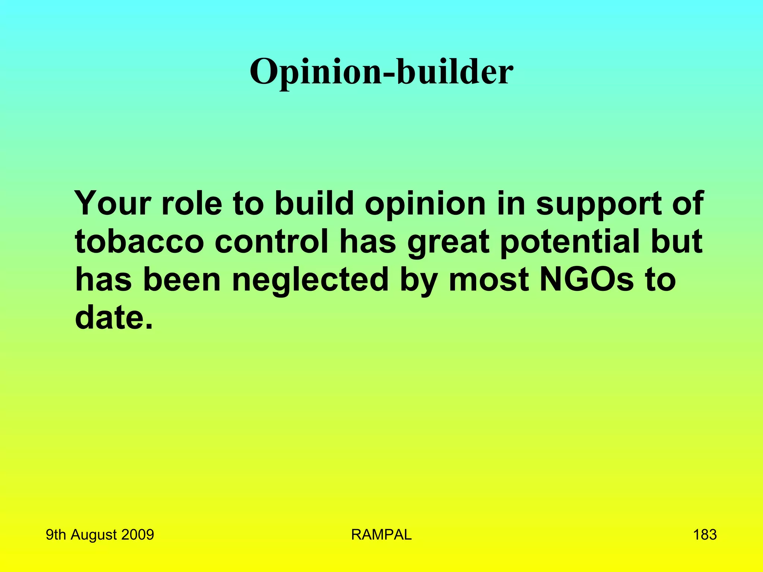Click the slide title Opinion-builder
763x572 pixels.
pos(381,71)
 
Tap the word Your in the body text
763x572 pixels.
pos(112,203)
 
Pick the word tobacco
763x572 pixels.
pos(140,242)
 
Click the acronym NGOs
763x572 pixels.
pos(586,280)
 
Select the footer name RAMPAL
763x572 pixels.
pos(381,535)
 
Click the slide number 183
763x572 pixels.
pos(705,535)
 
